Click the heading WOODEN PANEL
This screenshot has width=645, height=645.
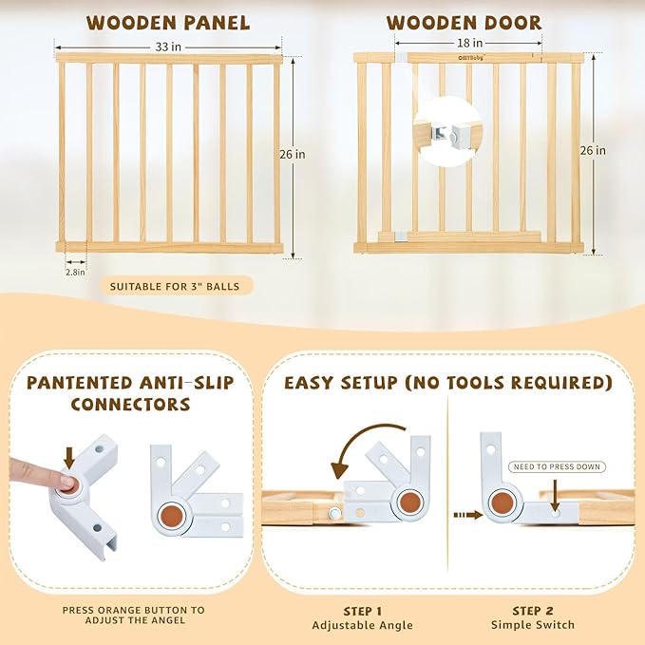[168, 22]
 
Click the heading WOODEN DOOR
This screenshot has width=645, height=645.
[464, 22]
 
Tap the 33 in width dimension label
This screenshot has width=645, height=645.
[168, 45]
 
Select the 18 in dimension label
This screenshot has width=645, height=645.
[471, 42]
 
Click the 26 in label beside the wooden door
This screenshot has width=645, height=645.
[594, 150]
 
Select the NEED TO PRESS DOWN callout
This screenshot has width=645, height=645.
[557, 466]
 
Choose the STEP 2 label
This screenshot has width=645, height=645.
[532, 610]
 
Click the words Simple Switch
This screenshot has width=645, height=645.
[532, 625]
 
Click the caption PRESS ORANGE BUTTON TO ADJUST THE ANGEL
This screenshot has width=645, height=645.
[133, 617]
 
